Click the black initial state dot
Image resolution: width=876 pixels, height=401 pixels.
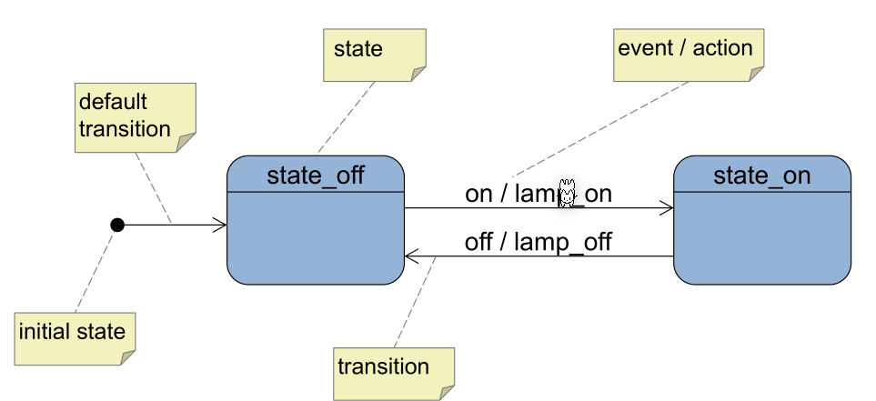tap(116, 225)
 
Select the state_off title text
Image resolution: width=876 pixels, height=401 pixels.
tap(315, 175)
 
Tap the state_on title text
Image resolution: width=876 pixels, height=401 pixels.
tap(761, 175)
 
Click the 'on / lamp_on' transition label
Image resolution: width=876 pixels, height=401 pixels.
tap(538, 194)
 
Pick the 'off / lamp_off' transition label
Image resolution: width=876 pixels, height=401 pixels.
tap(538, 242)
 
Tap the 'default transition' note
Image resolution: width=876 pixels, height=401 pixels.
tap(135, 116)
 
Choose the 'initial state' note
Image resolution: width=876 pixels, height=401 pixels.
tap(75, 337)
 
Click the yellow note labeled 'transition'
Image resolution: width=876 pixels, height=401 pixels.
tap(393, 372)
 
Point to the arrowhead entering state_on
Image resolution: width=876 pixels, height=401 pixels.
tap(667, 208)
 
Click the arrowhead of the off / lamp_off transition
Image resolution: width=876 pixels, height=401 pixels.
tap(411, 257)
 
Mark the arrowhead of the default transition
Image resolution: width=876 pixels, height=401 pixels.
tap(220, 225)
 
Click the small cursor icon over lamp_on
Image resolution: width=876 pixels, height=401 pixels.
tap(568, 194)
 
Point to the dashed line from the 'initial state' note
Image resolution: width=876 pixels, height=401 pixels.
tap(94, 270)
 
